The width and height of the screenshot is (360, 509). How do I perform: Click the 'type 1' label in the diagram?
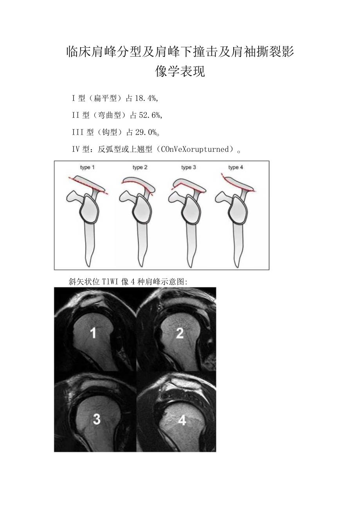point(88,167)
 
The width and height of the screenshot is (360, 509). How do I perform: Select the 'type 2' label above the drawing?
point(140,167)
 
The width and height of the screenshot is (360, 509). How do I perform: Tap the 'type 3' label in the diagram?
point(189,167)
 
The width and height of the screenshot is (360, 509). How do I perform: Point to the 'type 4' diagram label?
point(236,167)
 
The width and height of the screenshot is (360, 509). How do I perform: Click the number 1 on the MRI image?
point(93,333)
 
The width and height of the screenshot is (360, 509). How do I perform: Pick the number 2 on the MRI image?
point(180,333)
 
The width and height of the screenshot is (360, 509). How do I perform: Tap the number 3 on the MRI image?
point(96,419)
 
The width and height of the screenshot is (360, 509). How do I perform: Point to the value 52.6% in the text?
point(150,115)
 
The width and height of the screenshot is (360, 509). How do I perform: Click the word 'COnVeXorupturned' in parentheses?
point(195,149)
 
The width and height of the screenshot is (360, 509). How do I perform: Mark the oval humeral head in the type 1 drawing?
point(89,209)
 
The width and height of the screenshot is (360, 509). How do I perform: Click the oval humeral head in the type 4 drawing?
point(237,209)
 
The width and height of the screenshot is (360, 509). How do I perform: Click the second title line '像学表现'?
point(180,72)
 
